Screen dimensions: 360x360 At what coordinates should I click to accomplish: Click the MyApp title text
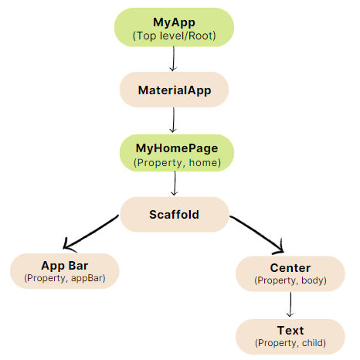pyautogui.click(x=174, y=22)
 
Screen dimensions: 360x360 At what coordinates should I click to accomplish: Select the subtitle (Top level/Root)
pyautogui.click(x=174, y=36)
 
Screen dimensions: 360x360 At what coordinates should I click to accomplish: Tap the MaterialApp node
pyautogui.click(x=174, y=90)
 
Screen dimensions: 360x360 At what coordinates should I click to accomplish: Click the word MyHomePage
pyautogui.click(x=177, y=148)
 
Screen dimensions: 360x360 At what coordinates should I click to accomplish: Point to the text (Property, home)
pyautogui.click(x=177, y=163)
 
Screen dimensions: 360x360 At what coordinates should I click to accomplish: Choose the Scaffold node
pyautogui.click(x=175, y=215)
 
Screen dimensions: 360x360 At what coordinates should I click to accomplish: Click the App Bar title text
pyautogui.click(x=65, y=266)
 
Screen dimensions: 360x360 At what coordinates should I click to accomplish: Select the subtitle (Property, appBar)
pyautogui.click(x=65, y=278)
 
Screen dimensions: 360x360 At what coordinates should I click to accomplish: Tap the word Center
pyautogui.click(x=290, y=268)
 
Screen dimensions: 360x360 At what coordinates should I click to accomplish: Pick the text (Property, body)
pyautogui.click(x=290, y=280)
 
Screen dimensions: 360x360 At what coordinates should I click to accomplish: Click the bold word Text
pyautogui.click(x=290, y=331)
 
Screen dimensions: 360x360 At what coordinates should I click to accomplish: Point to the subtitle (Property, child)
pyautogui.click(x=290, y=343)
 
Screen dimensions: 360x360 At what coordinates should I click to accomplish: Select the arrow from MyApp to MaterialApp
pyautogui.click(x=173, y=59)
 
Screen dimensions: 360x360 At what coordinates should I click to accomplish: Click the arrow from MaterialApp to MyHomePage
pyautogui.click(x=173, y=121)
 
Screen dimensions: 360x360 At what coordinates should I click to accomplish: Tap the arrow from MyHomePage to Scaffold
pyautogui.click(x=175, y=183)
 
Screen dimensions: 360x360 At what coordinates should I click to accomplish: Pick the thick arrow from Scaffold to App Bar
pyautogui.click(x=91, y=233)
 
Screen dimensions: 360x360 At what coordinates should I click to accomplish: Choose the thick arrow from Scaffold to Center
pyautogui.click(x=257, y=234)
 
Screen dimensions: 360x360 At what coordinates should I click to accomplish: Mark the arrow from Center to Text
pyautogui.click(x=290, y=304)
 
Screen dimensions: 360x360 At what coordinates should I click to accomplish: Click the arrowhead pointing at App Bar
pyautogui.click(x=66, y=246)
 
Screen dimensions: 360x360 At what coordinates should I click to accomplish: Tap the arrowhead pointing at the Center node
pyautogui.click(x=280, y=250)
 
